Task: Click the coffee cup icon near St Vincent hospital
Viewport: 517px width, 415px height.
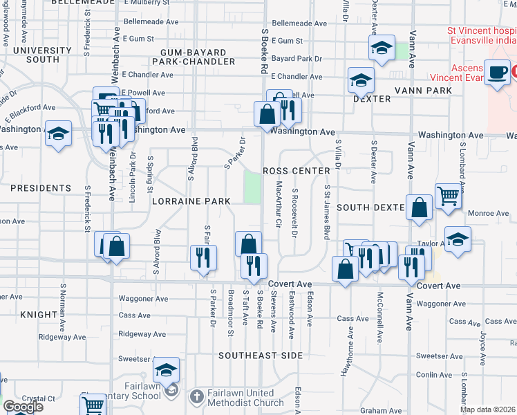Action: [x=496, y=72]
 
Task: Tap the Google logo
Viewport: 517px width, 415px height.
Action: [x=23, y=407]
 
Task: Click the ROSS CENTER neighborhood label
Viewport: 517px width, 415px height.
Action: [x=293, y=171]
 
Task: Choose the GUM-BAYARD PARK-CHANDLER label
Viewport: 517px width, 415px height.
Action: [x=198, y=57]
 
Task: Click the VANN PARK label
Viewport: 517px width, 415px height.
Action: [x=422, y=91]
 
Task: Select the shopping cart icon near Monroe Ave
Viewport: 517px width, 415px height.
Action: [x=448, y=196]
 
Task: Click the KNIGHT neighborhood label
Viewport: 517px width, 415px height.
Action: [x=39, y=314]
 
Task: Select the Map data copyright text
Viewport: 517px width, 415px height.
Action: [x=487, y=409]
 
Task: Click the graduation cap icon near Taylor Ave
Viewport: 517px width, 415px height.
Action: [x=458, y=239]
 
